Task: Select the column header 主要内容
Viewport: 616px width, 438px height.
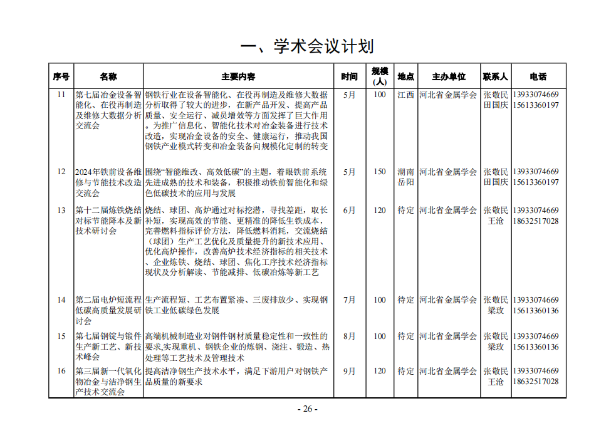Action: pyautogui.click(x=238, y=76)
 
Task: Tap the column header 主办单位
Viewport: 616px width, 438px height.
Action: pyautogui.click(x=449, y=76)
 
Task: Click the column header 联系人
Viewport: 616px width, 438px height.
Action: pyautogui.click(x=496, y=76)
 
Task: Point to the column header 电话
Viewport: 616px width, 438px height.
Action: pyautogui.click(x=538, y=76)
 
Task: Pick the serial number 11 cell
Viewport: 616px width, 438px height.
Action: pyautogui.click(x=61, y=95)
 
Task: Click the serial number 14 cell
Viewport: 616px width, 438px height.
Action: pyautogui.click(x=61, y=300)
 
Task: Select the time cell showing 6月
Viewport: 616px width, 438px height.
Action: pyautogui.click(x=349, y=211)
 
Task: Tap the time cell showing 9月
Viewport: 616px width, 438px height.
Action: pyautogui.click(x=349, y=371)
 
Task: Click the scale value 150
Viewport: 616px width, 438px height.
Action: pyautogui.click(x=380, y=172)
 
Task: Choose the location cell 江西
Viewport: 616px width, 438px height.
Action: pyautogui.click(x=405, y=95)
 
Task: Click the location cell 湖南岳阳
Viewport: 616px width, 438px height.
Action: pyautogui.click(x=405, y=177)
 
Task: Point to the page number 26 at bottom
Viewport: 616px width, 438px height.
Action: pyautogui.click(x=307, y=409)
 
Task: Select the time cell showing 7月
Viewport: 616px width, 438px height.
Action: pyautogui.click(x=349, y=300)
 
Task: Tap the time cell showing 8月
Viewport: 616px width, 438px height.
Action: pyautogui.click(x=349, y=336)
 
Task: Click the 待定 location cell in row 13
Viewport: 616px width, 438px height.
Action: pyautogui.click(x=405, y=211)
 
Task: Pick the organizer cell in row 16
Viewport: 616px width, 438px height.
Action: pyautogui.click(x=448, y=371)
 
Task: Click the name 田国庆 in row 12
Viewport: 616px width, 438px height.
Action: pyautogui.click(x=496, y=182)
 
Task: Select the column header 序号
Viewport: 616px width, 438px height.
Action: pyautogui.click(x=61, y=76)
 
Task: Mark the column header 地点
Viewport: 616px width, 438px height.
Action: pyautogui.click(x=405, y=76)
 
